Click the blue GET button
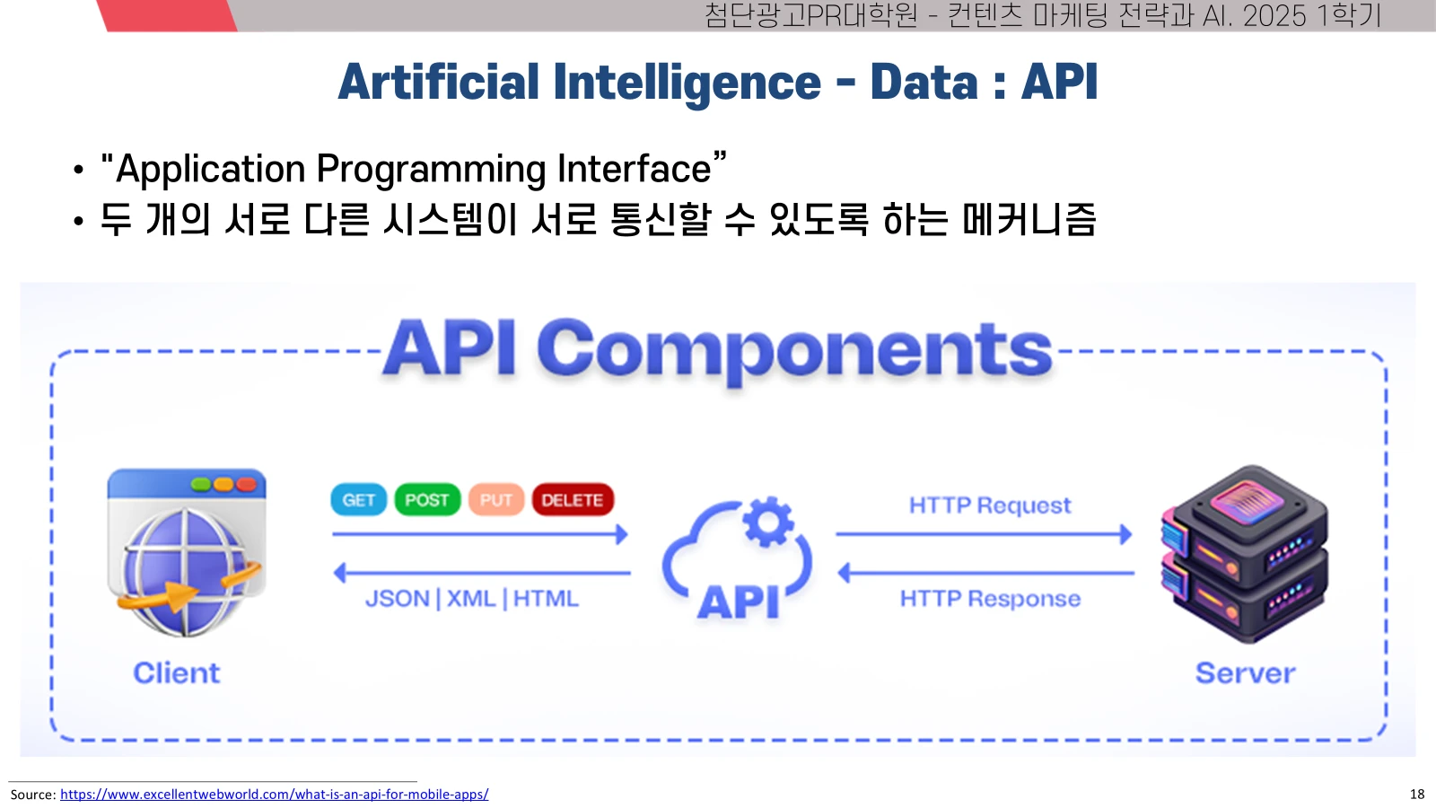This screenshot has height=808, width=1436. point(358,499)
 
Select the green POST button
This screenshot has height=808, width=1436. point(427,499)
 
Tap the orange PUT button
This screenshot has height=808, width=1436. point(496,499)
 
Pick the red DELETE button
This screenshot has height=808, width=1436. point(573,499)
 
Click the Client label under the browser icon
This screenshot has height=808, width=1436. point(176,673)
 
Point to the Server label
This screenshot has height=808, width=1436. point(1245,673)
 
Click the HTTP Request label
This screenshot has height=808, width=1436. point(990,505)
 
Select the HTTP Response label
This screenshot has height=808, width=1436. point(990,598)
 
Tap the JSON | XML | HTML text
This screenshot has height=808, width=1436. point(472,598)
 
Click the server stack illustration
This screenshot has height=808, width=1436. point(1244,554)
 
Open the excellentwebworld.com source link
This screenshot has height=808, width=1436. point(275,794)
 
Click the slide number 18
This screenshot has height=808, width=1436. point(1417,794)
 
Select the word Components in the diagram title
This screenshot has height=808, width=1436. point(794,350)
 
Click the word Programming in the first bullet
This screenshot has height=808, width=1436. point(431,170)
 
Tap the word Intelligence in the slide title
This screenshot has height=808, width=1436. point(687,82)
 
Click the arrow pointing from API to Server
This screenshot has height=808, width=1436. point(984,534)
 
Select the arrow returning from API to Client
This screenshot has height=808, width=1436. point(482,573)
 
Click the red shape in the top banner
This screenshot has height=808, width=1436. point(167,15)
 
